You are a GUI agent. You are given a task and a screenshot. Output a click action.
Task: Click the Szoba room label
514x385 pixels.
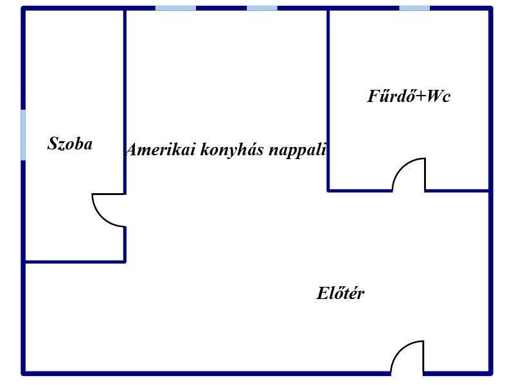coord(70,143)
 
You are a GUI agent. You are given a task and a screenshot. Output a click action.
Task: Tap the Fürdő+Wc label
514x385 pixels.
coord(409,96)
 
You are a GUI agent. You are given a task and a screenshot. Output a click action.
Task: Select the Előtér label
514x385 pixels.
coord(341,293)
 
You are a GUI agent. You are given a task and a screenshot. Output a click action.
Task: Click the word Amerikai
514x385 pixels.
coord(161,150)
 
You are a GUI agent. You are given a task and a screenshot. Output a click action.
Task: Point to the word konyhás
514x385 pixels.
coord(232,150)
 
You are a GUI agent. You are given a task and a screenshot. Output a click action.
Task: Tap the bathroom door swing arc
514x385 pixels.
coord(409,174)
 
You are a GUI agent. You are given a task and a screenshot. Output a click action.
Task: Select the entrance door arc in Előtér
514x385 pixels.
coord(407,357)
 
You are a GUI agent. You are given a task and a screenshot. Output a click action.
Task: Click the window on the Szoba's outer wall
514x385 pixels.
coord(23,135)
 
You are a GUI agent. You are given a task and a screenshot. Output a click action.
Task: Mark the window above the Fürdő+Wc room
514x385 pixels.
coord(414,8)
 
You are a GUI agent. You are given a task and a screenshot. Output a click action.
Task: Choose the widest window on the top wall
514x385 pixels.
coord(175,8)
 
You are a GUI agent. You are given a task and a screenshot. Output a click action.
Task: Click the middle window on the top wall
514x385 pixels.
coord(262,8)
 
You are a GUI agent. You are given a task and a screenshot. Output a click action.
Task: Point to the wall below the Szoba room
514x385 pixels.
coord(75,262)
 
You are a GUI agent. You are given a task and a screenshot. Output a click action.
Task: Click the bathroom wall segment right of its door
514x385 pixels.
coord(457,190)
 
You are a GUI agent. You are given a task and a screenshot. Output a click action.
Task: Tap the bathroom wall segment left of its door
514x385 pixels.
coord(360,190)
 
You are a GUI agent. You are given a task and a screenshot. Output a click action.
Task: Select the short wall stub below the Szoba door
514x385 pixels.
coord(125,244)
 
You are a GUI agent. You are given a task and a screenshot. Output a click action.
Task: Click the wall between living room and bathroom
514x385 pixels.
coord(328,100)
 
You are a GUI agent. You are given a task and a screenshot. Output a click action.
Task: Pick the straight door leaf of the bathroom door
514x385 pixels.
coord(425,174)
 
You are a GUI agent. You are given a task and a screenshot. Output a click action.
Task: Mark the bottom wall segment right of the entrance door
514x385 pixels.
coord(457,373)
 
